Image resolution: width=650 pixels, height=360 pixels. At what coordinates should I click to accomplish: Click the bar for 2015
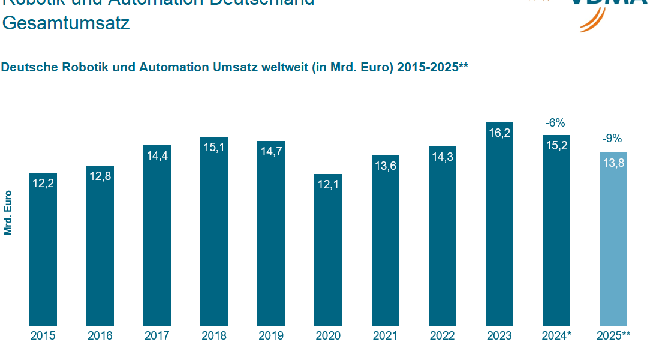click(43, 249)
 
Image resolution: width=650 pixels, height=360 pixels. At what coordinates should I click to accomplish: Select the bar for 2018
click(214, 231)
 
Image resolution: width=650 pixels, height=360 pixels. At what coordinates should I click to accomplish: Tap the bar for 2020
click(329, 250)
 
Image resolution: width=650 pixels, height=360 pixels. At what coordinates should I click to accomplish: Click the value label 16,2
click(499, 133)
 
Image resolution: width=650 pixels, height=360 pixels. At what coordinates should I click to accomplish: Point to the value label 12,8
click(100, 176)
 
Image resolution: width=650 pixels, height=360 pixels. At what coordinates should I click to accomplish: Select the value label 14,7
click(271, 152)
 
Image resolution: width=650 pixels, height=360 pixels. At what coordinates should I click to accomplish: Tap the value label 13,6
click(386, 166)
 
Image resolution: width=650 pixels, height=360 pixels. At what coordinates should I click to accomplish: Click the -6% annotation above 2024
click(555, 123)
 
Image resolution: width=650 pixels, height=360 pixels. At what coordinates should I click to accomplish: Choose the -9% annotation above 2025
click(613, 139)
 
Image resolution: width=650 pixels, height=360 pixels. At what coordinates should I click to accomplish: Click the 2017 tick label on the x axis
click(157, 336)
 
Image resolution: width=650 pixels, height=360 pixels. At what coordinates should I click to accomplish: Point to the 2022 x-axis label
click(443, 336)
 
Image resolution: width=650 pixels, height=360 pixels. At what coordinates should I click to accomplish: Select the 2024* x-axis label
click(556, 336)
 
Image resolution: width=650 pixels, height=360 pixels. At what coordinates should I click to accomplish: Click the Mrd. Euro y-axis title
click(8, 212)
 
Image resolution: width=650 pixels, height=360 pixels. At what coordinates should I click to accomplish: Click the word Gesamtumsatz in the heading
click(66, 23)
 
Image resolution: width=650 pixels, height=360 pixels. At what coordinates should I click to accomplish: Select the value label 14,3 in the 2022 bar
click(443, 157)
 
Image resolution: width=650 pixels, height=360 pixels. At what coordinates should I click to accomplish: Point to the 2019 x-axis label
click(271, 336)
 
